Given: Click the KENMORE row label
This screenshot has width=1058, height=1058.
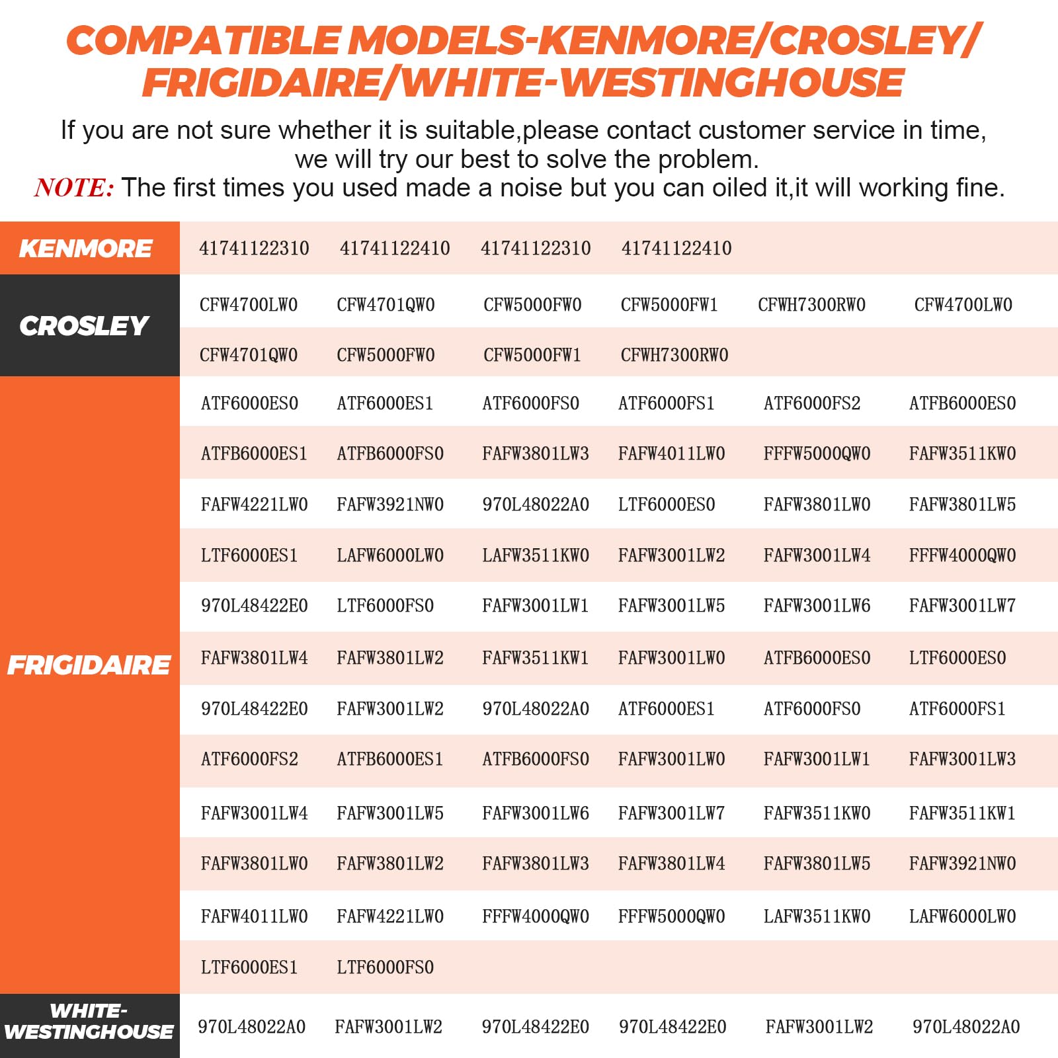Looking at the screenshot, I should [86, 249].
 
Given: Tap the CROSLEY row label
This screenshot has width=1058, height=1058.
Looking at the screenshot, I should [84, 326].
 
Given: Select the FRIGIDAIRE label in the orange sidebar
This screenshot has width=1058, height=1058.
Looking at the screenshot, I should [89, 665].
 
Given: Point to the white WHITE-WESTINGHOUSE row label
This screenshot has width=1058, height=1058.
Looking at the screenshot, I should [89, 1022].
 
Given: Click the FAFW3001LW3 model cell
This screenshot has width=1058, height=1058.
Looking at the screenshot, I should [962, 759].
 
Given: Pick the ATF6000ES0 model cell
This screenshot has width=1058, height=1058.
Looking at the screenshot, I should [249, 403].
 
